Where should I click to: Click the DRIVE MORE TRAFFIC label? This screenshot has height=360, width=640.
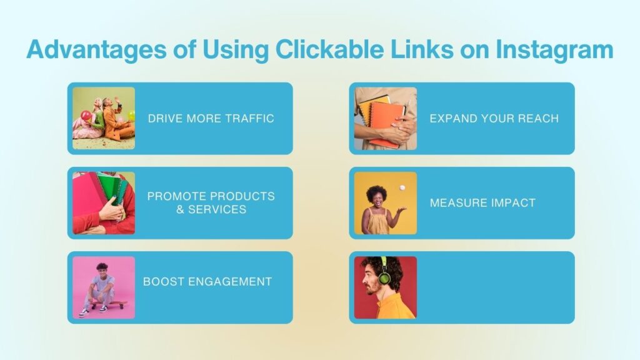tap(211, 118)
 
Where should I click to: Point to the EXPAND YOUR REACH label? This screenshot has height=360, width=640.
tap(494, 118)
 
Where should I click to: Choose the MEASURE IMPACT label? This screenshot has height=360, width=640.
tap(482, 203)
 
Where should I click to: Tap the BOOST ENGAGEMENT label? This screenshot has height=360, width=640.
tap(207, 282)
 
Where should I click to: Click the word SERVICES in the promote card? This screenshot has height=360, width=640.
tap(217, 209)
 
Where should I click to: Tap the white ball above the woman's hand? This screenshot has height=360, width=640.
tap(402, 187)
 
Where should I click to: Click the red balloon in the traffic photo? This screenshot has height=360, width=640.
tap(86, 116)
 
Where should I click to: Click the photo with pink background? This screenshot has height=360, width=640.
tap(104, 287)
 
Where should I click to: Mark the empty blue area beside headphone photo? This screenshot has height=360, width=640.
tap(495, 287)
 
